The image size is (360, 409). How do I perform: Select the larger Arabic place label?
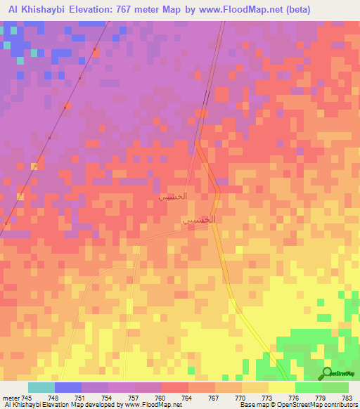point(198,220)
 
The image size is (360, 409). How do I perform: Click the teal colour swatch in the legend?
point(41,387)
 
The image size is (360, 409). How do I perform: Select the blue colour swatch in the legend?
point(68,387)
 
